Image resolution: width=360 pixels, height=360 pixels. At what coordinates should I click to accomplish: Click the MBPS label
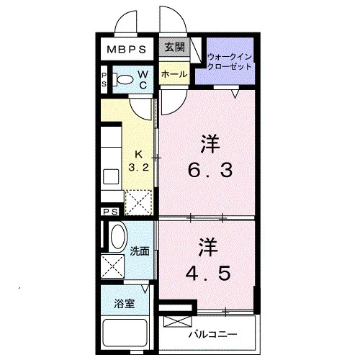point(127,50)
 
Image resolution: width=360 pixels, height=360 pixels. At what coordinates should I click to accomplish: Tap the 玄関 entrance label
point(174,47)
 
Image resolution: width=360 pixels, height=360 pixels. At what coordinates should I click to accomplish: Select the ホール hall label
point(174,74)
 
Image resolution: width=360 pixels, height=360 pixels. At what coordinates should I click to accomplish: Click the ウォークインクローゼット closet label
point(230,61)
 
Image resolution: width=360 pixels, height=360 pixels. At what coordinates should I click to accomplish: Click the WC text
point(143,79)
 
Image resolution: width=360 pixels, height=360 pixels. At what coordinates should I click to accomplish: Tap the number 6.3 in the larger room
point(210,170)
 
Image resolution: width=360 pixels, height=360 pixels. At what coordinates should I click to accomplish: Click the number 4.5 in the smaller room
point(208,273)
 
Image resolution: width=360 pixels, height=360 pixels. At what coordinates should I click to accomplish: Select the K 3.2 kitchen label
point(138,161)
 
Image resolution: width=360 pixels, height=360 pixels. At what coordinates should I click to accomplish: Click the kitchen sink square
point(111,176)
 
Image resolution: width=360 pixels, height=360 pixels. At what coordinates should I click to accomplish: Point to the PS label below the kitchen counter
point(111,212)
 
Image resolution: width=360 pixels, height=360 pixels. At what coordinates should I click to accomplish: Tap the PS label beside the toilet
point(104,79)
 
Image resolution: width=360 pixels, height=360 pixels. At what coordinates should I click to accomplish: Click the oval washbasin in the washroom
point(118,237)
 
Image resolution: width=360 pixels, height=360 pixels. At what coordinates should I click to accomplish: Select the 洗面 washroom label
point(140,251)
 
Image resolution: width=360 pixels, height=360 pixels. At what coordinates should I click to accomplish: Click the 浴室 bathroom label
point(125,304)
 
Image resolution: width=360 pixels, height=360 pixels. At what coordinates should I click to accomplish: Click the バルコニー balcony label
point(212,334)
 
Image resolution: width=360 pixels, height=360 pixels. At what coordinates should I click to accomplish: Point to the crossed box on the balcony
point(178,321)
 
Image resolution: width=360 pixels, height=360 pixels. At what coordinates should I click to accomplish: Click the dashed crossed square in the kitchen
point(138,202)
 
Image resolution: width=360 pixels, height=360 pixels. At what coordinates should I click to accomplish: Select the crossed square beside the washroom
point(112,266)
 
